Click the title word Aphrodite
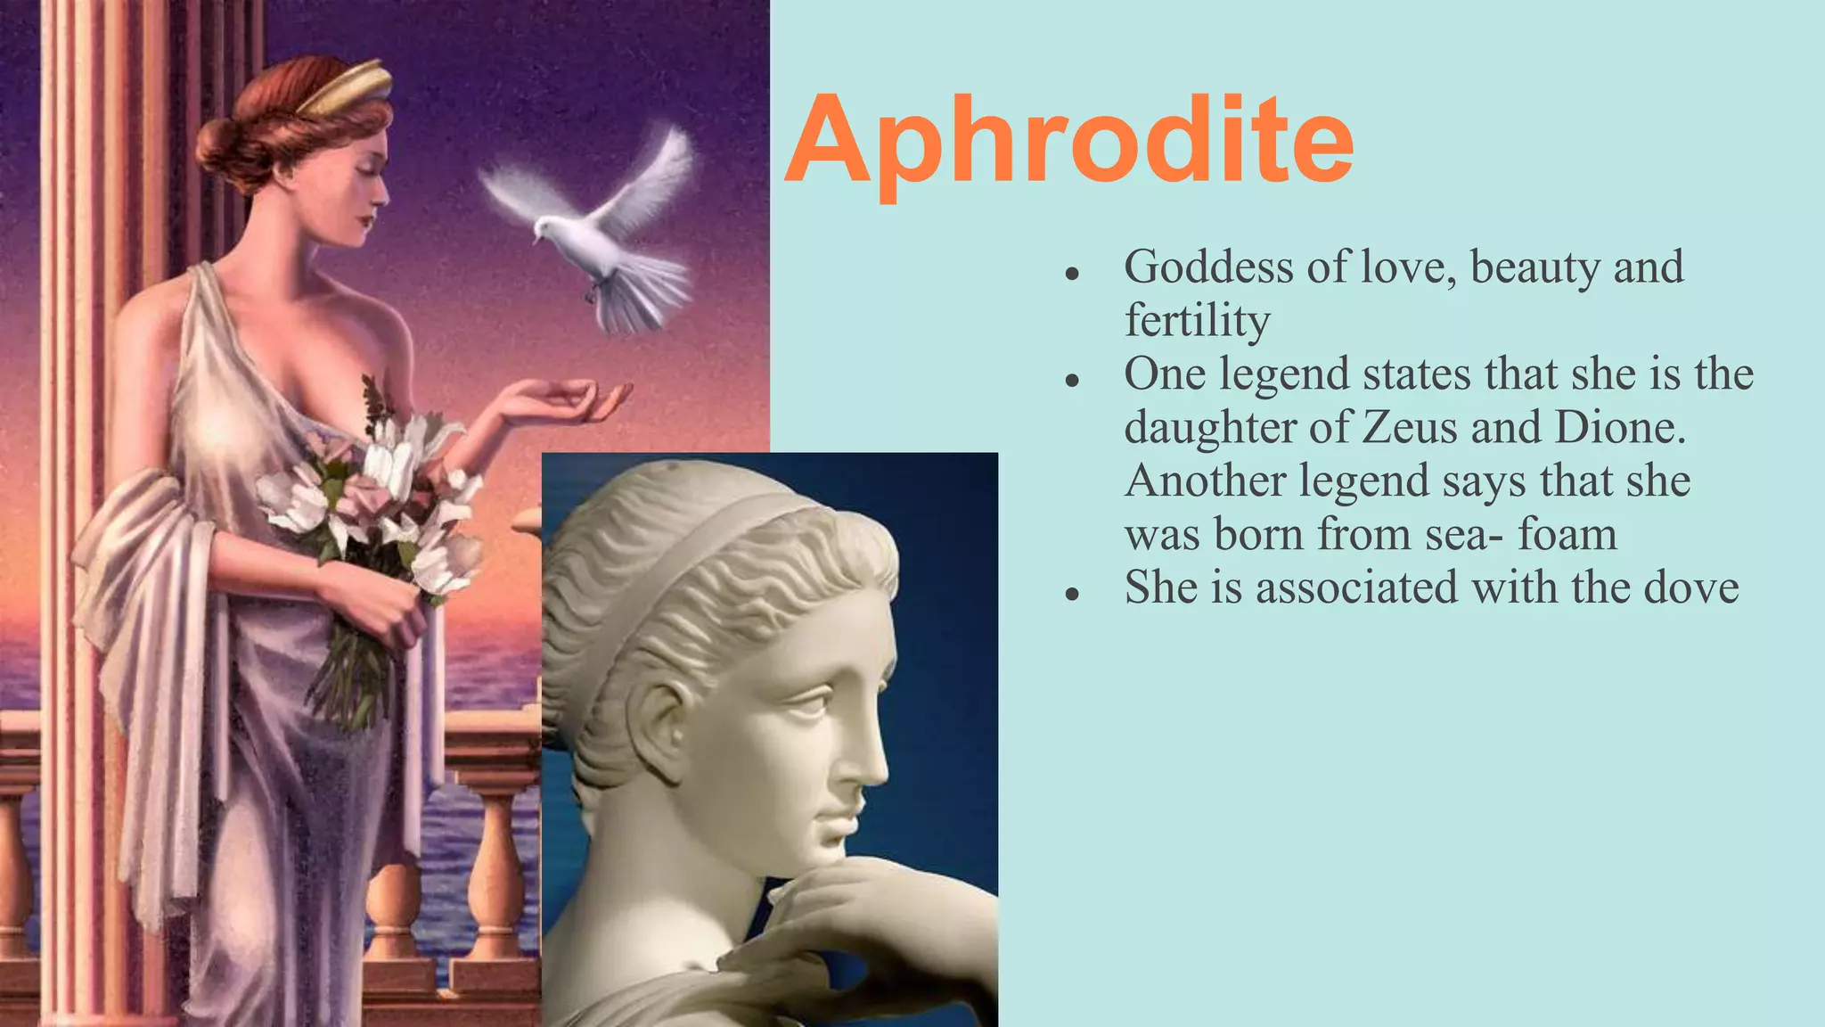pyautogui.click(x=1069, y=143)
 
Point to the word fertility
pyautogui.click(x=1197, y=321)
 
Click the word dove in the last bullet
pyautogui.click(x=1690, y=587)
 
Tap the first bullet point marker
pyautogui.click(x=1072, y=273)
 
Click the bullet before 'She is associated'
pyautogui.click(x=1072, y=594)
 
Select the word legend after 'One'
pyautogui.click(x=1283, y=374)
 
